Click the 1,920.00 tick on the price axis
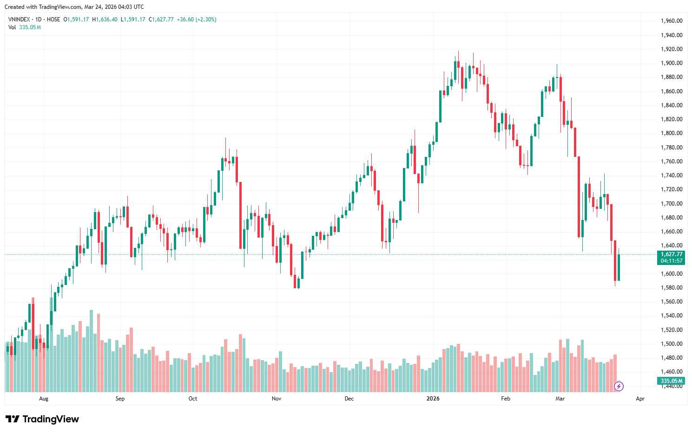point(672,49)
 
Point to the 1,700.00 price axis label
point(672,204)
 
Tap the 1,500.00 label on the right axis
point(672,344)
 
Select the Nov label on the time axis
point(277,399)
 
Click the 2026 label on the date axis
point(433,399)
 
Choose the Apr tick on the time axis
point(640,399)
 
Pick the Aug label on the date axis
point(44,399)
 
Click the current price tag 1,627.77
point(672,254)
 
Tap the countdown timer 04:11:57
point(672,261)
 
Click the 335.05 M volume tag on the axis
point(672,381)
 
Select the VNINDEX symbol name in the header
point(19,19)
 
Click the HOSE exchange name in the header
point(53,19)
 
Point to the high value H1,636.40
point(105,19)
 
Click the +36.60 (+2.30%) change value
point(197,19)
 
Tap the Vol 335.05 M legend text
point(25,27)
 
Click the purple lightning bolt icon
point(619,386)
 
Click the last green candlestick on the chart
point(619,267)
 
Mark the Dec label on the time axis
point(349,399)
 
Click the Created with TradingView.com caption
point(74,7)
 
